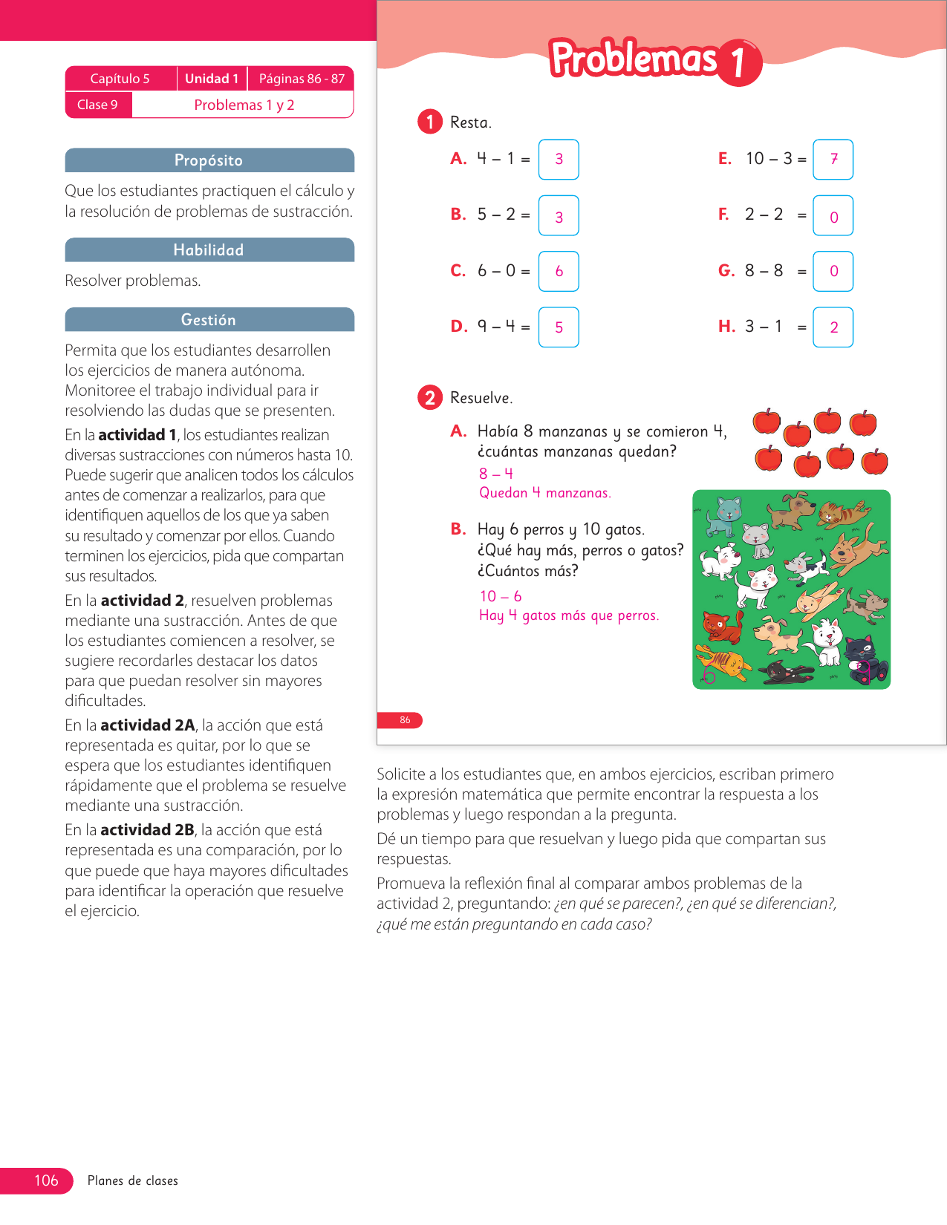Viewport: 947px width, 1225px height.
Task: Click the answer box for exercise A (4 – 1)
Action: [559, 159]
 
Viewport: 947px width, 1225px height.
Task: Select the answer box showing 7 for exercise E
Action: [833, 159]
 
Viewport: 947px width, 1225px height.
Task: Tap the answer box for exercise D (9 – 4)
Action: [559, 327]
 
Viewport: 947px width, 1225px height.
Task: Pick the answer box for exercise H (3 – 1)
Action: [833, 327]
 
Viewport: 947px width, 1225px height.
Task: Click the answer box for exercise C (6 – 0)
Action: [559, 271]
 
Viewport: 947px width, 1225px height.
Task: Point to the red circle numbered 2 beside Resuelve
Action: [430, 397]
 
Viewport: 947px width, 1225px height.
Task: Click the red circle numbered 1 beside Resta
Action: [430, 122]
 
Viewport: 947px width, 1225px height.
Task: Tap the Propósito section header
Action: [209, 160]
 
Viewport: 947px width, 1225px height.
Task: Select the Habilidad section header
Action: [209, 249]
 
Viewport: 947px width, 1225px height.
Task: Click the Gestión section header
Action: [209, 320]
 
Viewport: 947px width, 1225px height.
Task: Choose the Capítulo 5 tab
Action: [121, 79]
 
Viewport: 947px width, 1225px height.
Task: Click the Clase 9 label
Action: [98, 105]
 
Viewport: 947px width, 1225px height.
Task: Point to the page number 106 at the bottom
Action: [46, 1180]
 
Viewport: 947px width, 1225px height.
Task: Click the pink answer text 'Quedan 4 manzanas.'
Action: [545, 493]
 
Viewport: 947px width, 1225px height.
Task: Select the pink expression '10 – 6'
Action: [501, 596]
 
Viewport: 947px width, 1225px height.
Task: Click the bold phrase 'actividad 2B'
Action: [147, 830]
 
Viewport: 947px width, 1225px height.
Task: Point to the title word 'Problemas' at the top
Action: [634, 58]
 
